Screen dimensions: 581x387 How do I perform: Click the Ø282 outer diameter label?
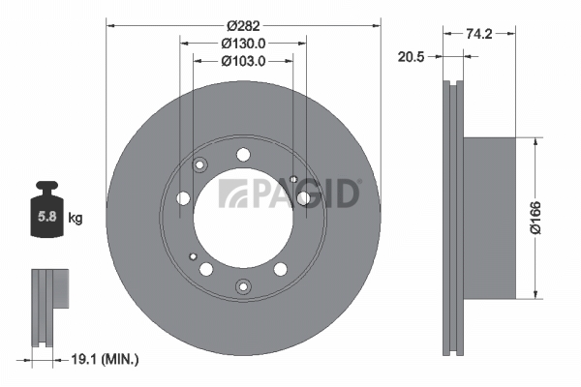pyautogui.click(x=243, y=26)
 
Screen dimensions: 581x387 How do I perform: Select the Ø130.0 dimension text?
pyautogui.click(x=243, y=44)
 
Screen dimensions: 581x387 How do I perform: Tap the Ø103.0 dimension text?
pyautogui.click(x=243, y=61)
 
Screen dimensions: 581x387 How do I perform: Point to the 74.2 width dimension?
pyautogui.click(x=479, y=34)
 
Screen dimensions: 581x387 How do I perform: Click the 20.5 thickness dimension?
pyautogui.click(x=411, y=57)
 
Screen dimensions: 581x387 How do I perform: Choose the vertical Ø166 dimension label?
pyautogui.click(x=535, y=218)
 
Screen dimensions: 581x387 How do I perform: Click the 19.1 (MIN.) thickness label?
pyautogui.click(x=105, y=359)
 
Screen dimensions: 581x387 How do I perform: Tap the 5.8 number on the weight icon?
pyautogui.click(x=47, y=217)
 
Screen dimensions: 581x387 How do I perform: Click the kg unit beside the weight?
pyautogui.click(x=76, y=218)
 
